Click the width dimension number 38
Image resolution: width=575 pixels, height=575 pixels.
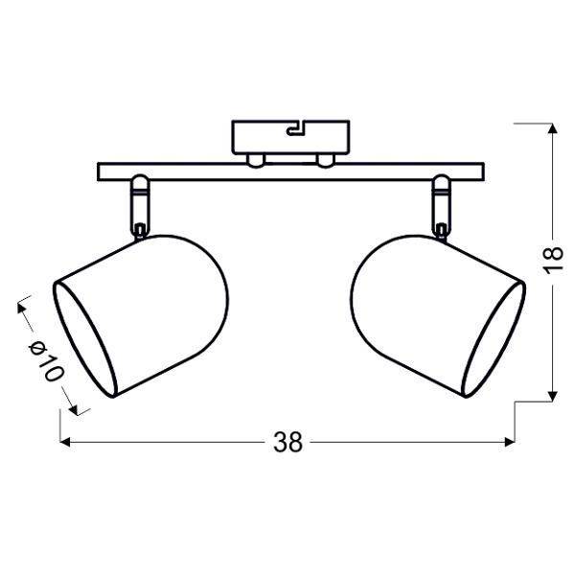287,442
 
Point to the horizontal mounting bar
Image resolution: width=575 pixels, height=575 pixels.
287,172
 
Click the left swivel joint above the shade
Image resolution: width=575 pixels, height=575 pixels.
140,203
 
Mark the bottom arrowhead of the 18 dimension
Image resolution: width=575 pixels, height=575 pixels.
553,395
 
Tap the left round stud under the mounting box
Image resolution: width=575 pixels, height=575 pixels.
254,159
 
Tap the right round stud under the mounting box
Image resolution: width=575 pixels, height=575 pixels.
326,159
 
